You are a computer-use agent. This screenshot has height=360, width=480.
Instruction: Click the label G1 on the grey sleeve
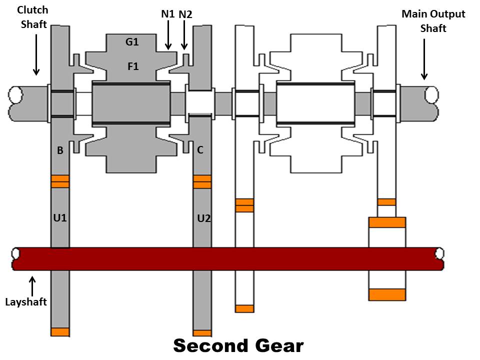click(132, 41)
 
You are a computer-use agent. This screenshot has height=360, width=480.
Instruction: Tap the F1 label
click(133, 66)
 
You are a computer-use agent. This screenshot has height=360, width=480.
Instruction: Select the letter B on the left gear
click(60, 150)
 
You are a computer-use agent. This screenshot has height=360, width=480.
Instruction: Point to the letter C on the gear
click(200, 150)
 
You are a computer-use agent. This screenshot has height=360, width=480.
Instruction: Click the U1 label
click(60, 218)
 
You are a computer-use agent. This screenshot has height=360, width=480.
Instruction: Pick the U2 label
click(204, 218)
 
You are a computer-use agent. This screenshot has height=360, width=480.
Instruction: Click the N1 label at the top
click(168, 14)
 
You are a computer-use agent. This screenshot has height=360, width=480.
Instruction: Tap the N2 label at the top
click(185, 14)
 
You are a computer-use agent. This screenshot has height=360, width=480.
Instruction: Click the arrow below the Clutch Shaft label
click(36, 54)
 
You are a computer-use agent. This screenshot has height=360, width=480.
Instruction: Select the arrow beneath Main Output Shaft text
click(424, 59)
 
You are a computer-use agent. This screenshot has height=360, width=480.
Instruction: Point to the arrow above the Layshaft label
click(32, 286)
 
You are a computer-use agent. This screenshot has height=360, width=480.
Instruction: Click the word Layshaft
click(26, 302)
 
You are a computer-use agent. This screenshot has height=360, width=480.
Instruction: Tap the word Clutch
click(33, 10)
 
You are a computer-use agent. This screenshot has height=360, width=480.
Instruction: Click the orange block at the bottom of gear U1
click(60, 332)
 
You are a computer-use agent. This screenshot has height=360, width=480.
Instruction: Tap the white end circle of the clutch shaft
click(15, 95)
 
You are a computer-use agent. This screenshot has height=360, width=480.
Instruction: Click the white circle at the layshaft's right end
click(439, 253)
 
